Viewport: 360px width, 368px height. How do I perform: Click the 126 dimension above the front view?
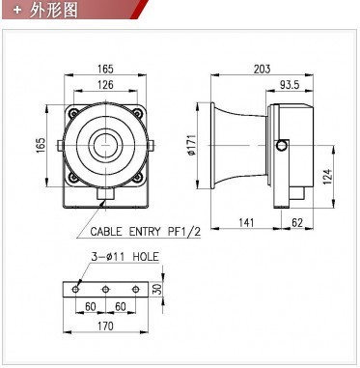[104, 84]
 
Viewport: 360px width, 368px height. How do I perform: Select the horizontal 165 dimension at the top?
[104, 69]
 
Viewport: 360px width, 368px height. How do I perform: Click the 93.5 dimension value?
[290, 84]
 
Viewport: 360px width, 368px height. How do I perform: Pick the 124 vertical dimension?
[327, 176]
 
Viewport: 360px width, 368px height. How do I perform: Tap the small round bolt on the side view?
[281, 146]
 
